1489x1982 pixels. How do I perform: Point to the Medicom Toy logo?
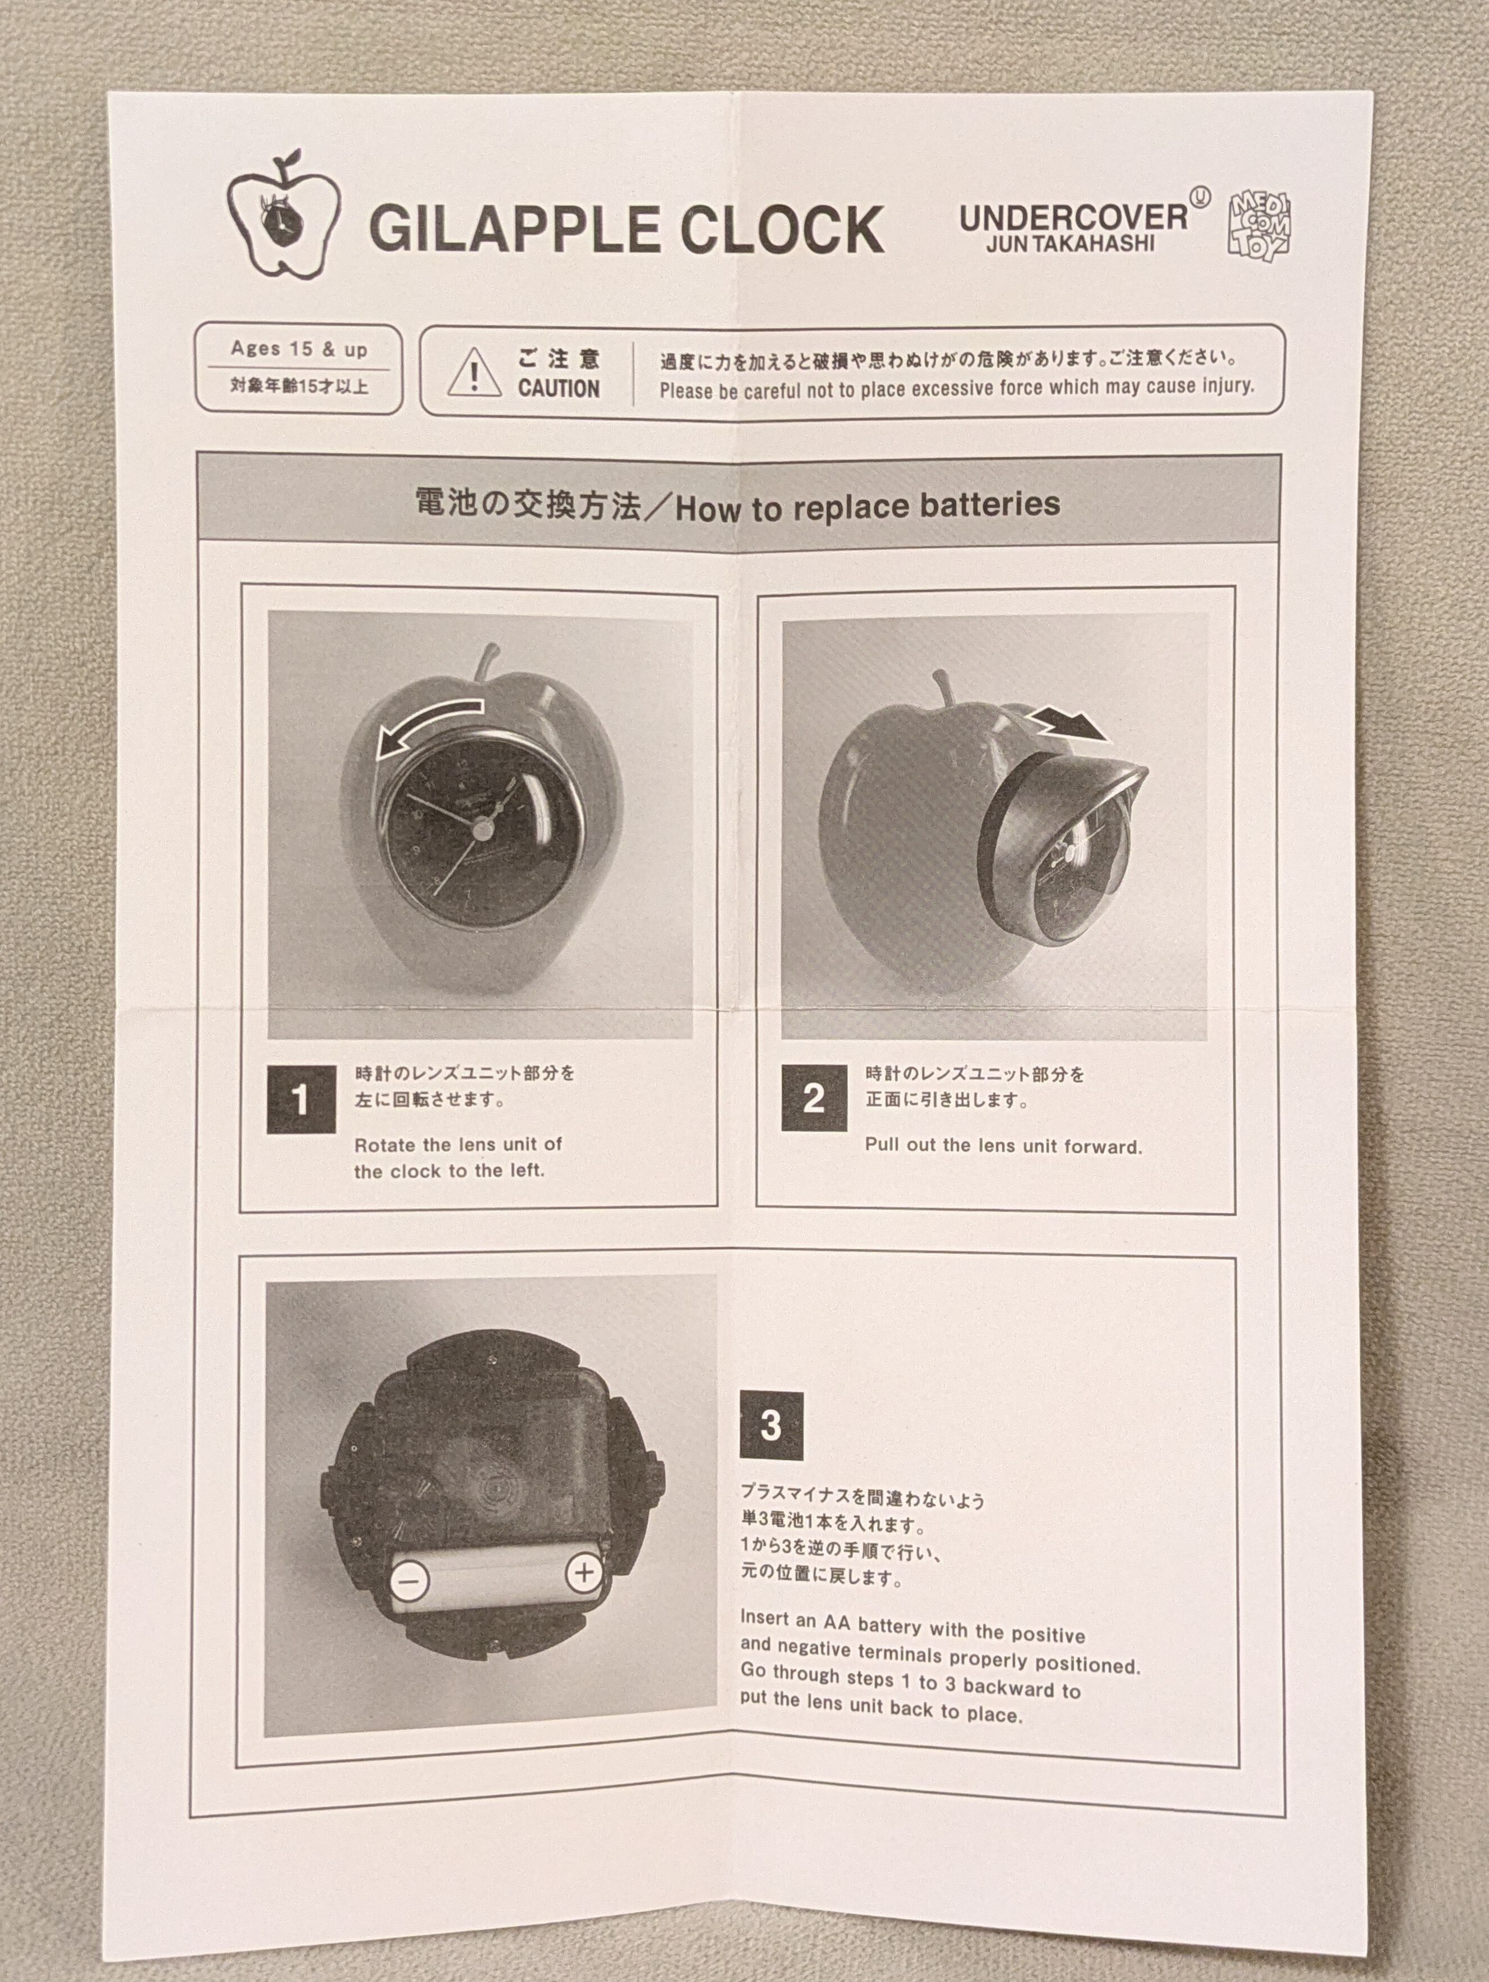coord(1260,224)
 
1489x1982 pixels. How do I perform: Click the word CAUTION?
coord(559,389)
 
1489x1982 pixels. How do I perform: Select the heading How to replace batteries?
coord(868,506)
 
